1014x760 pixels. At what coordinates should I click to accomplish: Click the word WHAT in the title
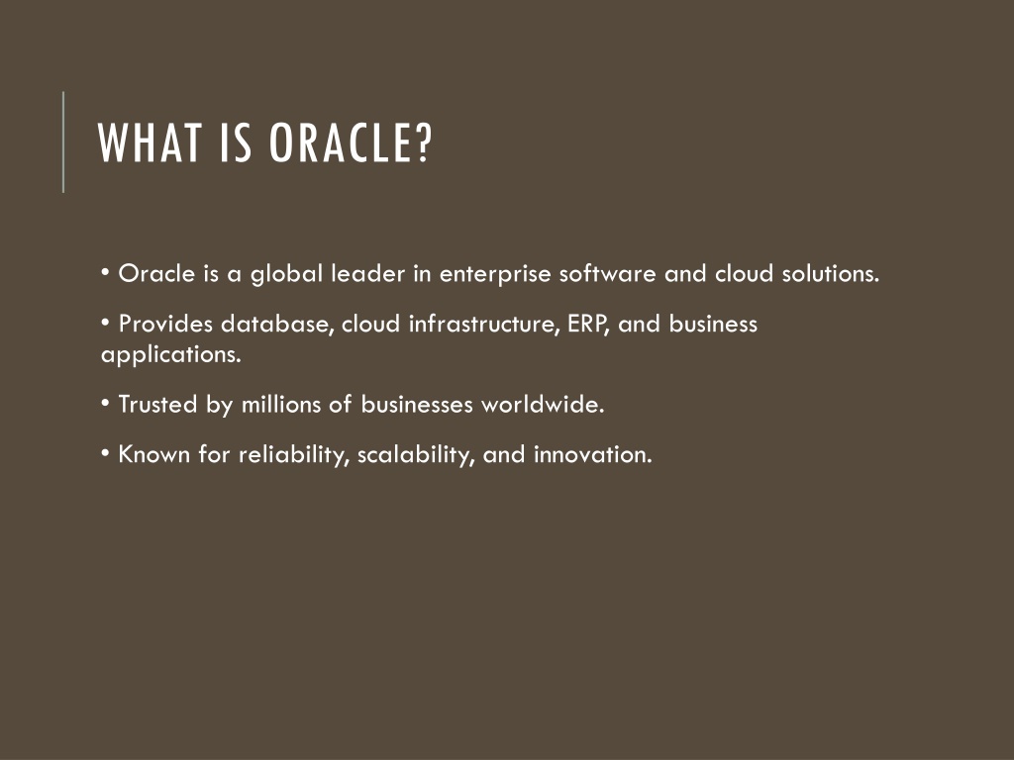click(150, 142)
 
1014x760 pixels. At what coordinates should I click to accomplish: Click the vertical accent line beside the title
click(63, 142)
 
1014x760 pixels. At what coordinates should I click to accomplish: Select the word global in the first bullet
click(286, 275)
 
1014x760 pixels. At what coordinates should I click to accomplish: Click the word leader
click(368, 273)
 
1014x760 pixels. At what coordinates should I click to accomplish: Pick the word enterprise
click(495, 275)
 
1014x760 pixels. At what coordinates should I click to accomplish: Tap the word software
click(608, 273)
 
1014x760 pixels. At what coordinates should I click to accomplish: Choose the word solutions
click(831, 273)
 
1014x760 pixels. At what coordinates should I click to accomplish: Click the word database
click(277, 324)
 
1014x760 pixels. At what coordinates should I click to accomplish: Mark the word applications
click(170, 355)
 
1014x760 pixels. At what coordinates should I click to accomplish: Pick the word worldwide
click(543, 405)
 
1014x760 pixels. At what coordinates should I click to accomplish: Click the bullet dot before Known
click(105, 453)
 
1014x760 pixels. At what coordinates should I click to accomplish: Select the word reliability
click(293, 455)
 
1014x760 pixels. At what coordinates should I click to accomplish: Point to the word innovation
click(593, 454)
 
